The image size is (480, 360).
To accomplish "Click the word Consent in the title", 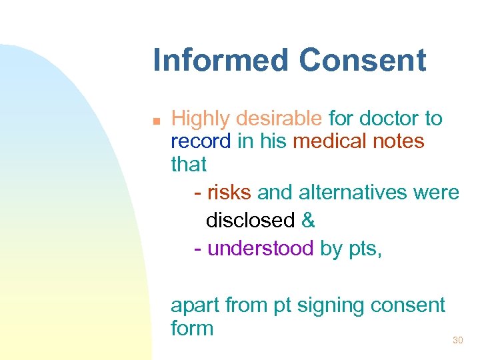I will pos(362,60).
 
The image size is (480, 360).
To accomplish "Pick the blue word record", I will pos(201,141).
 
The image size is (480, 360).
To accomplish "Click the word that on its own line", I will pos(189,164).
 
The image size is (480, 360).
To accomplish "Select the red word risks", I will pos(229,193).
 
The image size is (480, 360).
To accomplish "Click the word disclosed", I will pos(250,221).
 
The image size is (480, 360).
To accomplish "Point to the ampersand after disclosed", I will pos(308,221).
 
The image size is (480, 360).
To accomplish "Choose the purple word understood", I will pos(260,249).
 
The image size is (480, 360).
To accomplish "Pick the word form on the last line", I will pos(192,328).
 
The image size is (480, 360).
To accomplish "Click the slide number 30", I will pos(457,341).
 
